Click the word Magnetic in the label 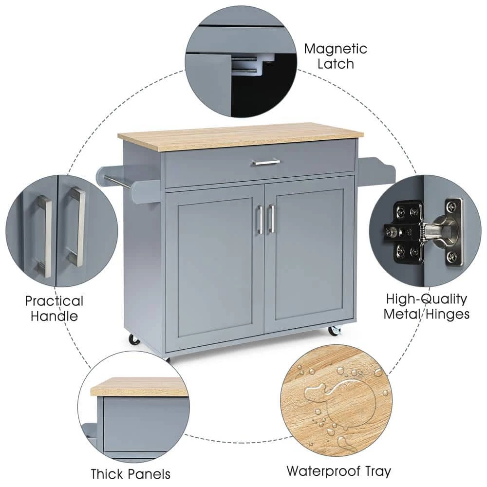pos(336,49)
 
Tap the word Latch pos(336,64)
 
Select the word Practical pos(54,301)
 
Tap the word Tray pos(378,471)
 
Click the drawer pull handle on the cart pos(266,162)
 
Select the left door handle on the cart pos(260,219)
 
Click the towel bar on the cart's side pos(117,182)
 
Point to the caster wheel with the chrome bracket pos(334,331)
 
